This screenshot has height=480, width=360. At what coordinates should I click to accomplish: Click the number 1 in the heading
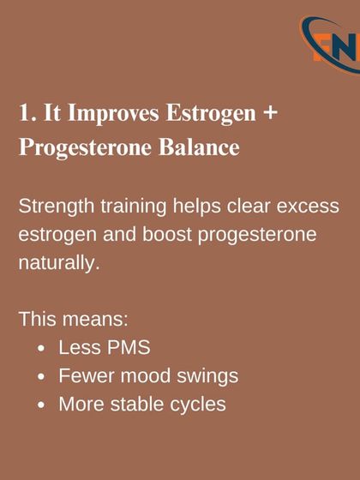pyautogui.click(x=23, y=115)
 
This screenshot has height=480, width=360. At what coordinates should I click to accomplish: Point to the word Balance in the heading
pyautogui.click(x=198, y=147)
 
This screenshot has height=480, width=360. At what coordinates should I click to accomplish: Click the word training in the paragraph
pyautogui.click(x=130, y=207)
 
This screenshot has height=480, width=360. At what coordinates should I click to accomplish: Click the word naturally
pyautogui.click(x=58, y=262)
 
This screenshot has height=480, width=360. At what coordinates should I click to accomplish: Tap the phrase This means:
pyautogui.click(x=74, y=320)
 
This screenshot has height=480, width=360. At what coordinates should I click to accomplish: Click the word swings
pyautogui.click(x=207, y=376)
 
